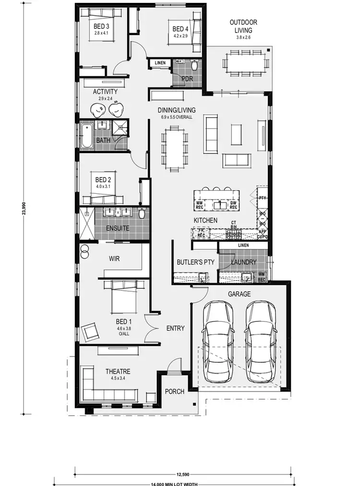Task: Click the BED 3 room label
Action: [101, 26]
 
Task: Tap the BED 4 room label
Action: [180, 29]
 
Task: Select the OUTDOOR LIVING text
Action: [243, 26]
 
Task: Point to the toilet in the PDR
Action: [195, 65]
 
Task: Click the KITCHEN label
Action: [205, 220]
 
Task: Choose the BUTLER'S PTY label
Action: [192, 262]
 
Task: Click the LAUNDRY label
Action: [243, 262]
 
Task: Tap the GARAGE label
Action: [239, 294]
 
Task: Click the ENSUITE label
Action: [118, 228]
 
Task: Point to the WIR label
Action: [114, 259]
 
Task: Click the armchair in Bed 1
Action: [91, 332]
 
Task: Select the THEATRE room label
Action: [118, 371]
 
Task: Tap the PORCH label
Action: [175, 391]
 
